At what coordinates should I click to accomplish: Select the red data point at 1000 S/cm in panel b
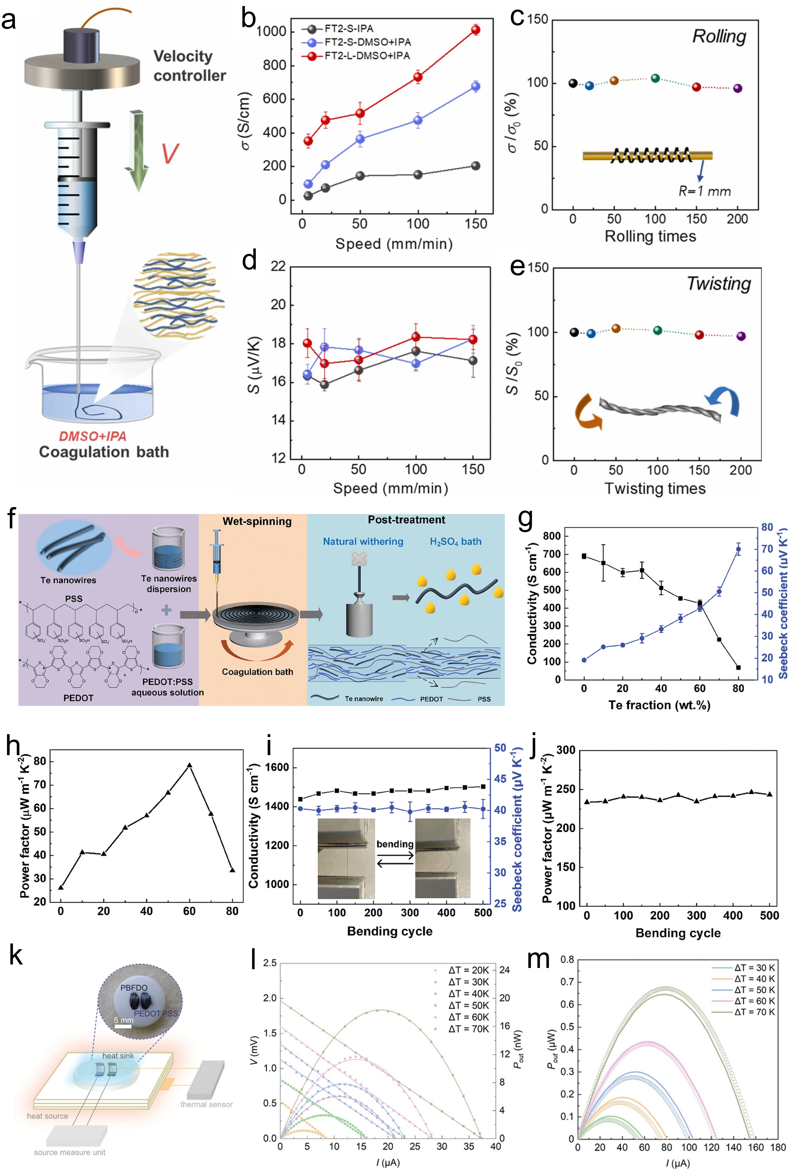pyautogui.click(x=476, y=30)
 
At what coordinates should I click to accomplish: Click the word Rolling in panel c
pyautogui.click(x=719, y=37)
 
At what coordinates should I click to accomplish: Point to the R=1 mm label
pyautogui.click(x=705, y=191)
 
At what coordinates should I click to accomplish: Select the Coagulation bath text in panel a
pyautogui.click(x=104, y=452)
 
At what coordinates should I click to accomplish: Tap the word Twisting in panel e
pyautogui.click(x=719, y=284)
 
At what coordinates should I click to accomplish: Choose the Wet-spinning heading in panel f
pyautogui.click(x=257, y=521)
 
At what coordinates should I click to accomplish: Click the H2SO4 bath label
pyautogui.click(x=455, y=541)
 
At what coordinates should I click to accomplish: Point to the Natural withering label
pyautogui.click(x=363, y=541)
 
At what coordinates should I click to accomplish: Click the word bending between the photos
pyautogui.click(x=395, y=844)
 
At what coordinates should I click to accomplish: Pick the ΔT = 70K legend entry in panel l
pyautogui.click(x=468, y=1029)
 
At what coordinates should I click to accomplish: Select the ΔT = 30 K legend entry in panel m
pyautogui.click(x=754, y=968)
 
